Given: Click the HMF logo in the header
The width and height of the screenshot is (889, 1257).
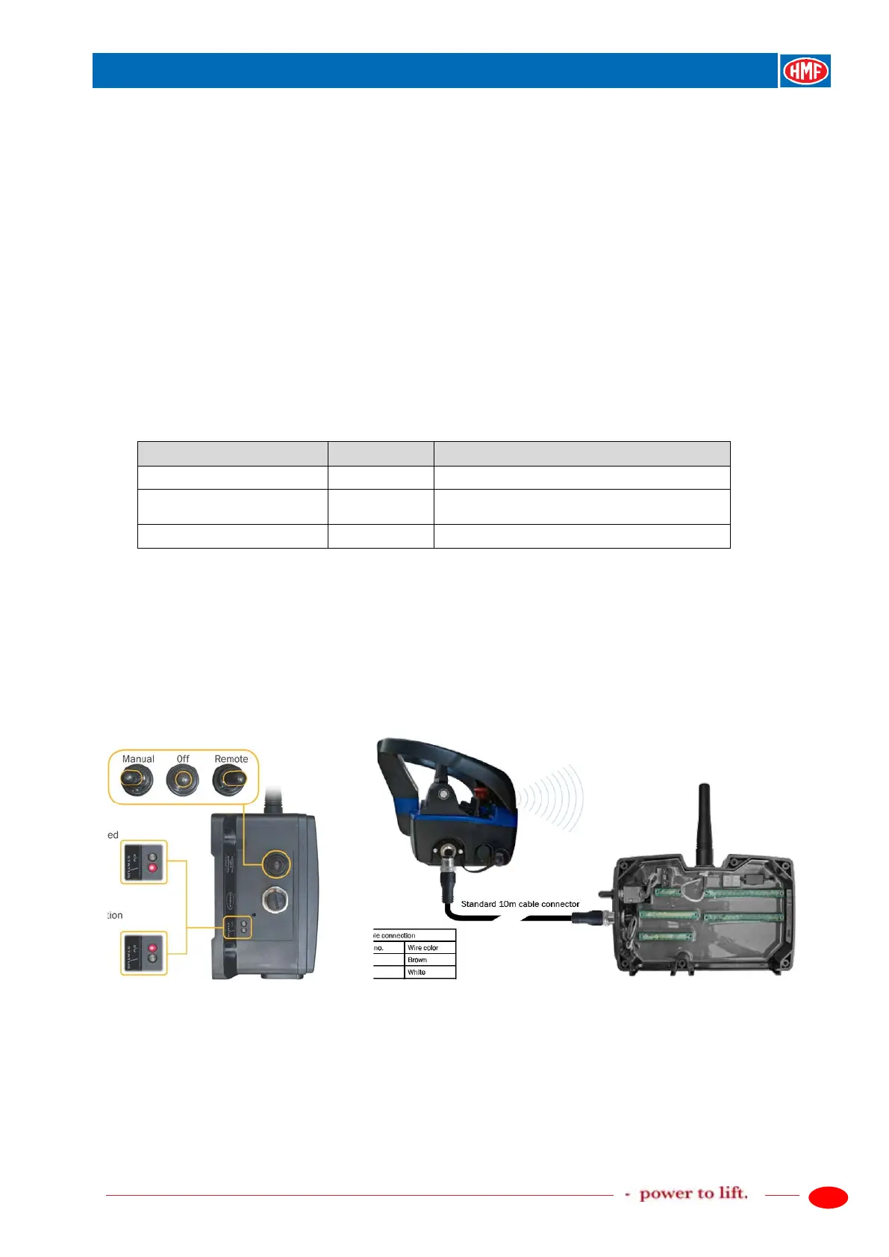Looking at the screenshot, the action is [805, 71].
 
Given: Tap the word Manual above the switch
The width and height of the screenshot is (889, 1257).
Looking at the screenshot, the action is [138, 759].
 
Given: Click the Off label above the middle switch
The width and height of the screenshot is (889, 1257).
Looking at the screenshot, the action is [183, 759].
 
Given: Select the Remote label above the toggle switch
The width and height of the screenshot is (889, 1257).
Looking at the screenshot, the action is [231, 759].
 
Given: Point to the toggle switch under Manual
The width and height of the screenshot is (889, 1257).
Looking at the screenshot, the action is [137, 781].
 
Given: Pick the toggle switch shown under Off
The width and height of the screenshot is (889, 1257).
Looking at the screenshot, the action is [182, 782].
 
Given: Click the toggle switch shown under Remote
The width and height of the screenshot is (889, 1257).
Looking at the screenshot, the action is [229, 781].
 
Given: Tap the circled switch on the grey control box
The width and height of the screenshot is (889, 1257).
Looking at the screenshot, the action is [275, 864].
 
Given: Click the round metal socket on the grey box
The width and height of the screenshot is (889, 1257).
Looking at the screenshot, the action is [275, 899].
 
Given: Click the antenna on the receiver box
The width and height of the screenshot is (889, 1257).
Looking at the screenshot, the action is [702, 822].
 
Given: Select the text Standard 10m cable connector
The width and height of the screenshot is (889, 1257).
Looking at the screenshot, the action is [520, 904].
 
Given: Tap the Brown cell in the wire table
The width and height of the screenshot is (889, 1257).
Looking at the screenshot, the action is [429, 960].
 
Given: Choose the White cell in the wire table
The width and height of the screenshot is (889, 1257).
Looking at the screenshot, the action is [429, 973].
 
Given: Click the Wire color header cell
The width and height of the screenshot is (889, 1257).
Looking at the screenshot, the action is [429, 947].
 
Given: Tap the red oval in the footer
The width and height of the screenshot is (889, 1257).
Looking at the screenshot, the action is [828, 1197].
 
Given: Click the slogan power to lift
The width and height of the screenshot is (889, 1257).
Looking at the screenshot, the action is [693, 1194].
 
